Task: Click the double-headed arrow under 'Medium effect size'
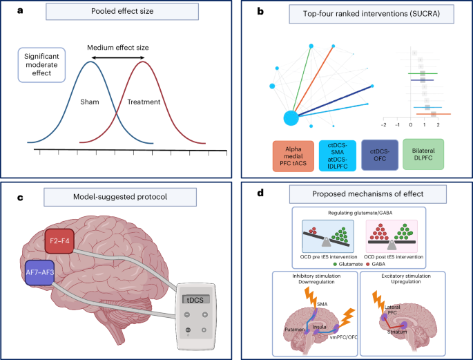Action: point(118,57)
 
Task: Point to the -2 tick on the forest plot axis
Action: point(384,126)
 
